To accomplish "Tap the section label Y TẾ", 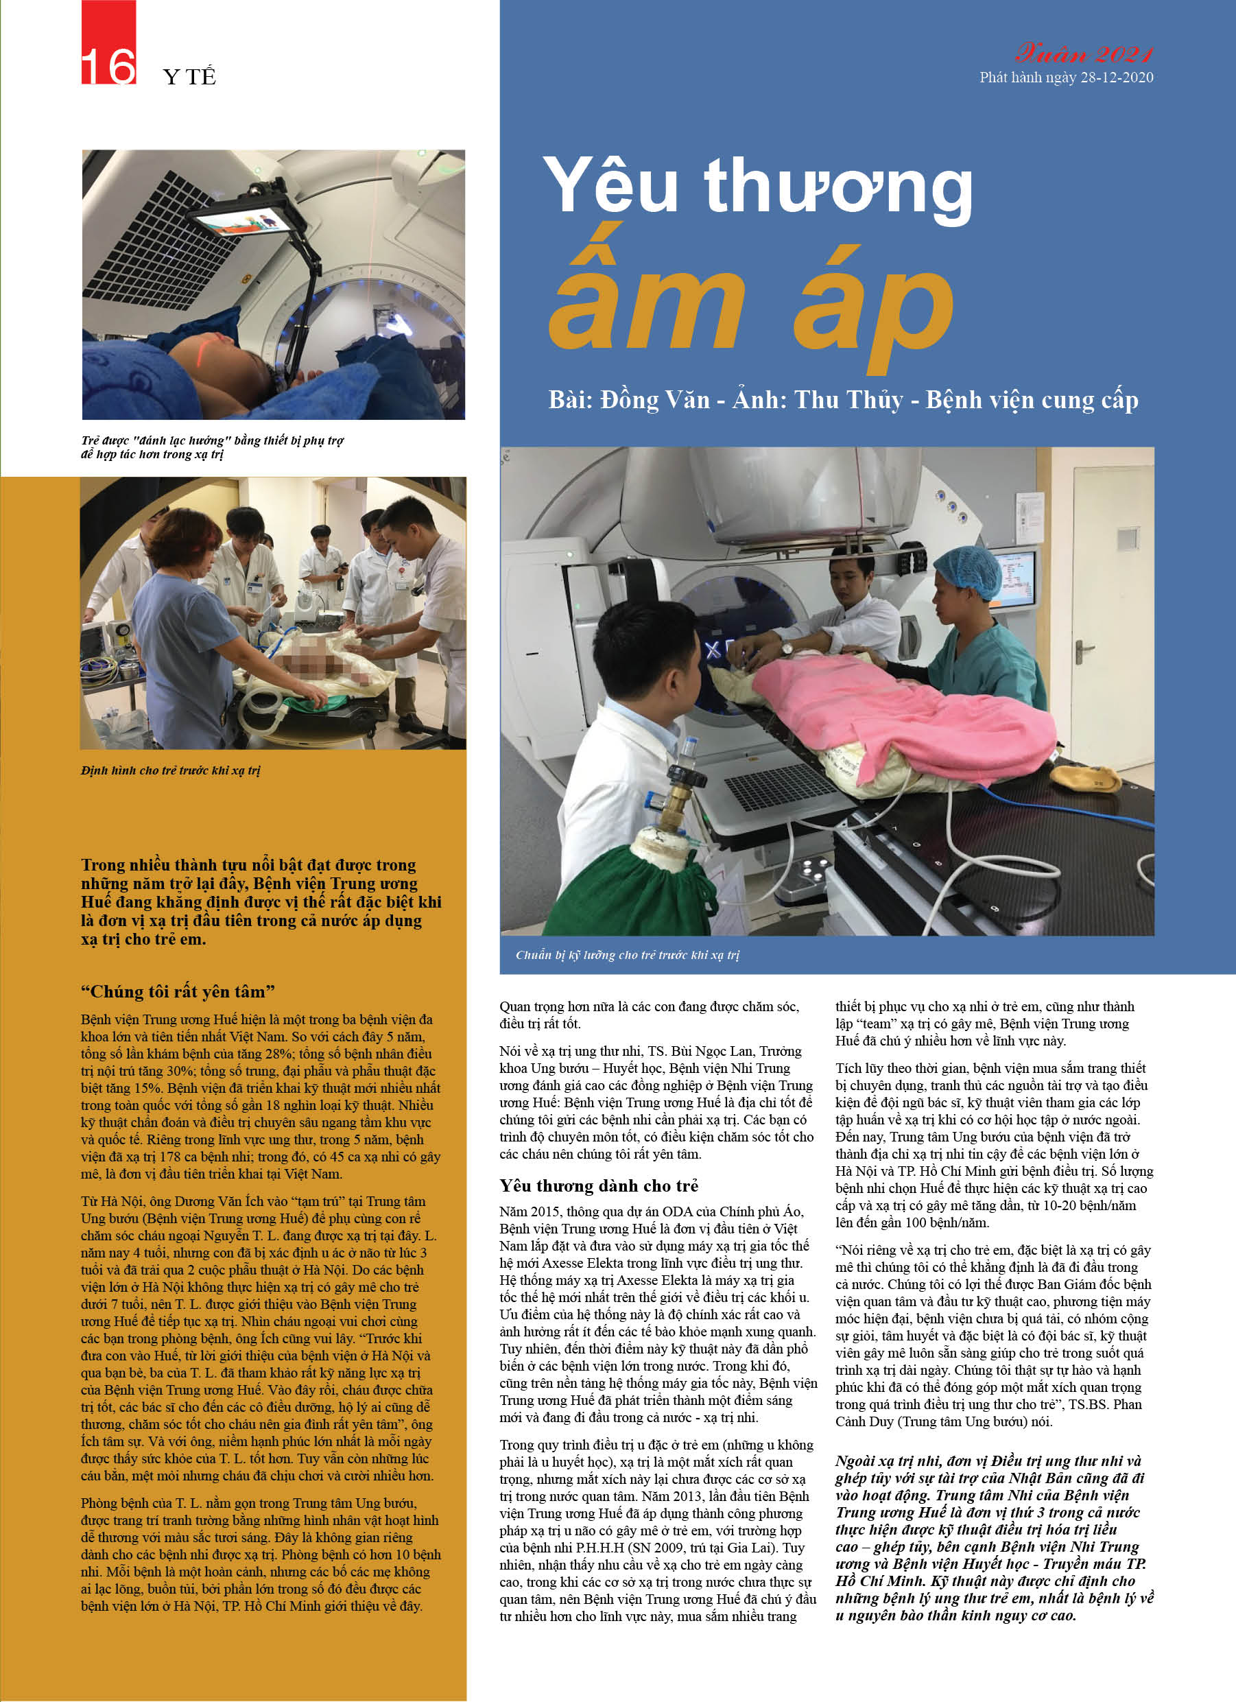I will tap(189, 77).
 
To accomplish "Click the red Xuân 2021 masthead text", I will tap(1084, 54).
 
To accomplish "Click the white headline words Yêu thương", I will tap(758, 187).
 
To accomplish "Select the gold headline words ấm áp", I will tap(750, 308).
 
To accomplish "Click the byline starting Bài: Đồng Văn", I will tap(843, 400).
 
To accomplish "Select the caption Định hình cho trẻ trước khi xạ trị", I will tap(170, 770).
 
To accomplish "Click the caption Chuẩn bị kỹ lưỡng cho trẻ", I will tap(628, 956).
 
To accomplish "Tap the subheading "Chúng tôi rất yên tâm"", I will tap(178, 992).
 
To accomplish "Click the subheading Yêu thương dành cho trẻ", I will tap(599, 1185).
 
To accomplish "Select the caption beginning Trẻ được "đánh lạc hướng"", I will tap(212, 447).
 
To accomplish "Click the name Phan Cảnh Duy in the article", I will tap(870, 1421).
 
